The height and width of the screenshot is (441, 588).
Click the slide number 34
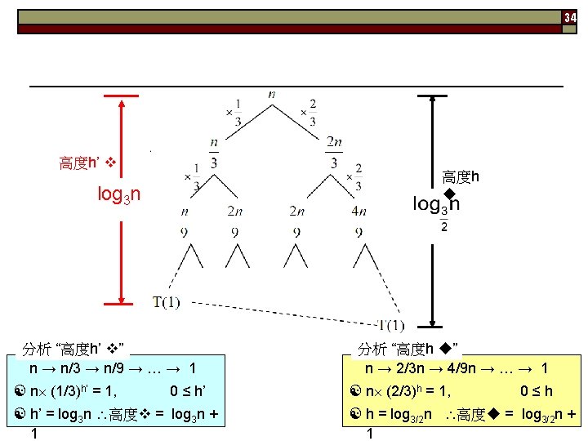tap(570, 17)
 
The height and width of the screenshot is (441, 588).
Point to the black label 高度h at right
tap(460, 176)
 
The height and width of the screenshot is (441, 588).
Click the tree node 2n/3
tap(334, 152)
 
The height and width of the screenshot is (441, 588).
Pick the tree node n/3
tap(213, 152)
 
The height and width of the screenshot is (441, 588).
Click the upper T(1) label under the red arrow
tap(166, 303)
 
